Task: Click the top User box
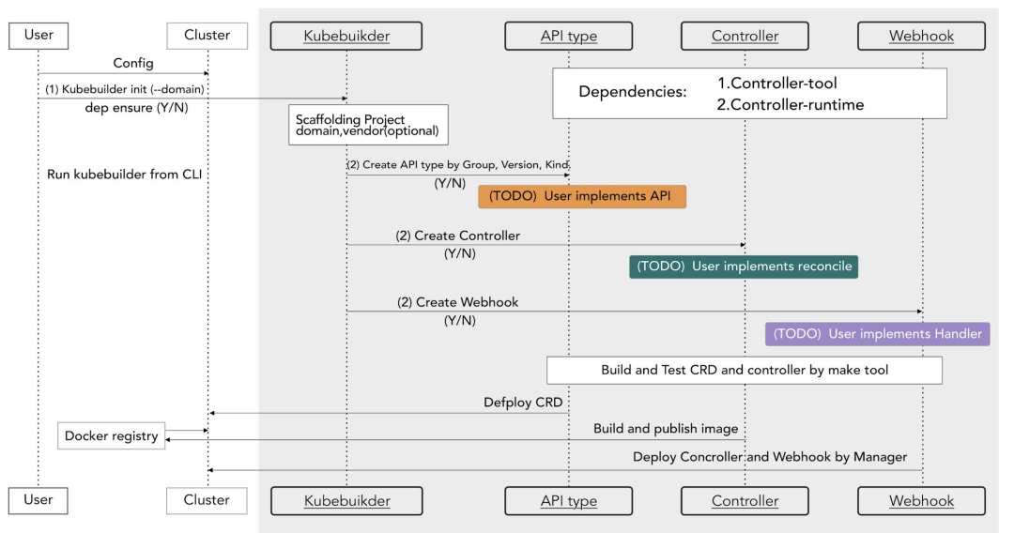pyautogui.click(x=38, y=36)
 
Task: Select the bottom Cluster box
pyautogui.click(x=207, y=500)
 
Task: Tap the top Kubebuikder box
pyautogui.click(x=346, y=36)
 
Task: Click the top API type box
pyautogui.click(x=568, y=36)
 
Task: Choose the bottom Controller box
pyautogui.click(x=745, y=500)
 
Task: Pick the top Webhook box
pyautogui.click(x=921, y=36)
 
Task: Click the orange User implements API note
pyautogui.click(x=582, y=196)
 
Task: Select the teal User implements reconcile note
pyautogui.click(x=744, y=266)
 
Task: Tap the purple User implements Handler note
pyautogui.click(x=877, y=334)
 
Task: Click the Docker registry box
pyautogui.click(x=111, y=436)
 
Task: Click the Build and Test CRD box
pyautogui.click(x=745, y=370)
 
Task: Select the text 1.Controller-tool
pyautogui.click(x=776, y=84)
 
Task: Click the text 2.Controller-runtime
pyautogui.click(x=790, y=104)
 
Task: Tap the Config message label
pyautogui.click(x=134, y=64)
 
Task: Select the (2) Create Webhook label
pyautogui.click(x=457, y=302)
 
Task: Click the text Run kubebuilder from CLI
pyautogui.click(x=124, y=175)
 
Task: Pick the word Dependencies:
pyautogui.click(x=632, y=92)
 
